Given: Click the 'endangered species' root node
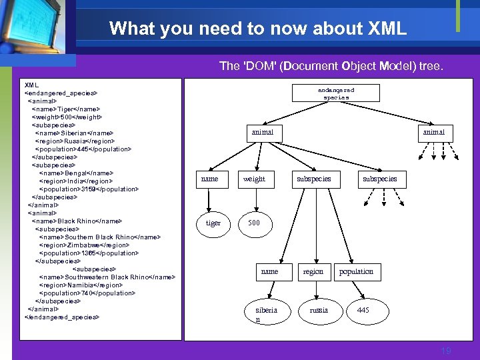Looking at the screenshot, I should (336, 93).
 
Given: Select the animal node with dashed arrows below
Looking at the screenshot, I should (433, 132).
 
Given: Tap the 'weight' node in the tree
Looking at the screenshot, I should (254, 179).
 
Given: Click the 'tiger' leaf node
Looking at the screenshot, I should (213, 223).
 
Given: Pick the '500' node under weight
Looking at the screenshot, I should (254, 223).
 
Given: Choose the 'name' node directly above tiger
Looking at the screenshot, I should (209, 179).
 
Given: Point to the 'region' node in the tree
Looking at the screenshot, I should (313, 271).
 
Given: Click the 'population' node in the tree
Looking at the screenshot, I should (356, 271).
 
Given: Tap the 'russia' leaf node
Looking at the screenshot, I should (319, 311).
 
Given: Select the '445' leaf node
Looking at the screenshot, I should (363, 311).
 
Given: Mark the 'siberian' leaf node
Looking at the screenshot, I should (266, 314).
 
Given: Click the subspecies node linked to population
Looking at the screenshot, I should (313, 179).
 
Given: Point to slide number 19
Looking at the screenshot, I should (446, 351).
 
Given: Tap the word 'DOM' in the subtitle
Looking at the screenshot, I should (257, 66).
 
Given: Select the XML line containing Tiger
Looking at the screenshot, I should (66, 109).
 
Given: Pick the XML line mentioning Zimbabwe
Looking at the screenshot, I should (83, 245).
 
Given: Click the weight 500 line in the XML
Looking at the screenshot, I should (67, 117).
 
